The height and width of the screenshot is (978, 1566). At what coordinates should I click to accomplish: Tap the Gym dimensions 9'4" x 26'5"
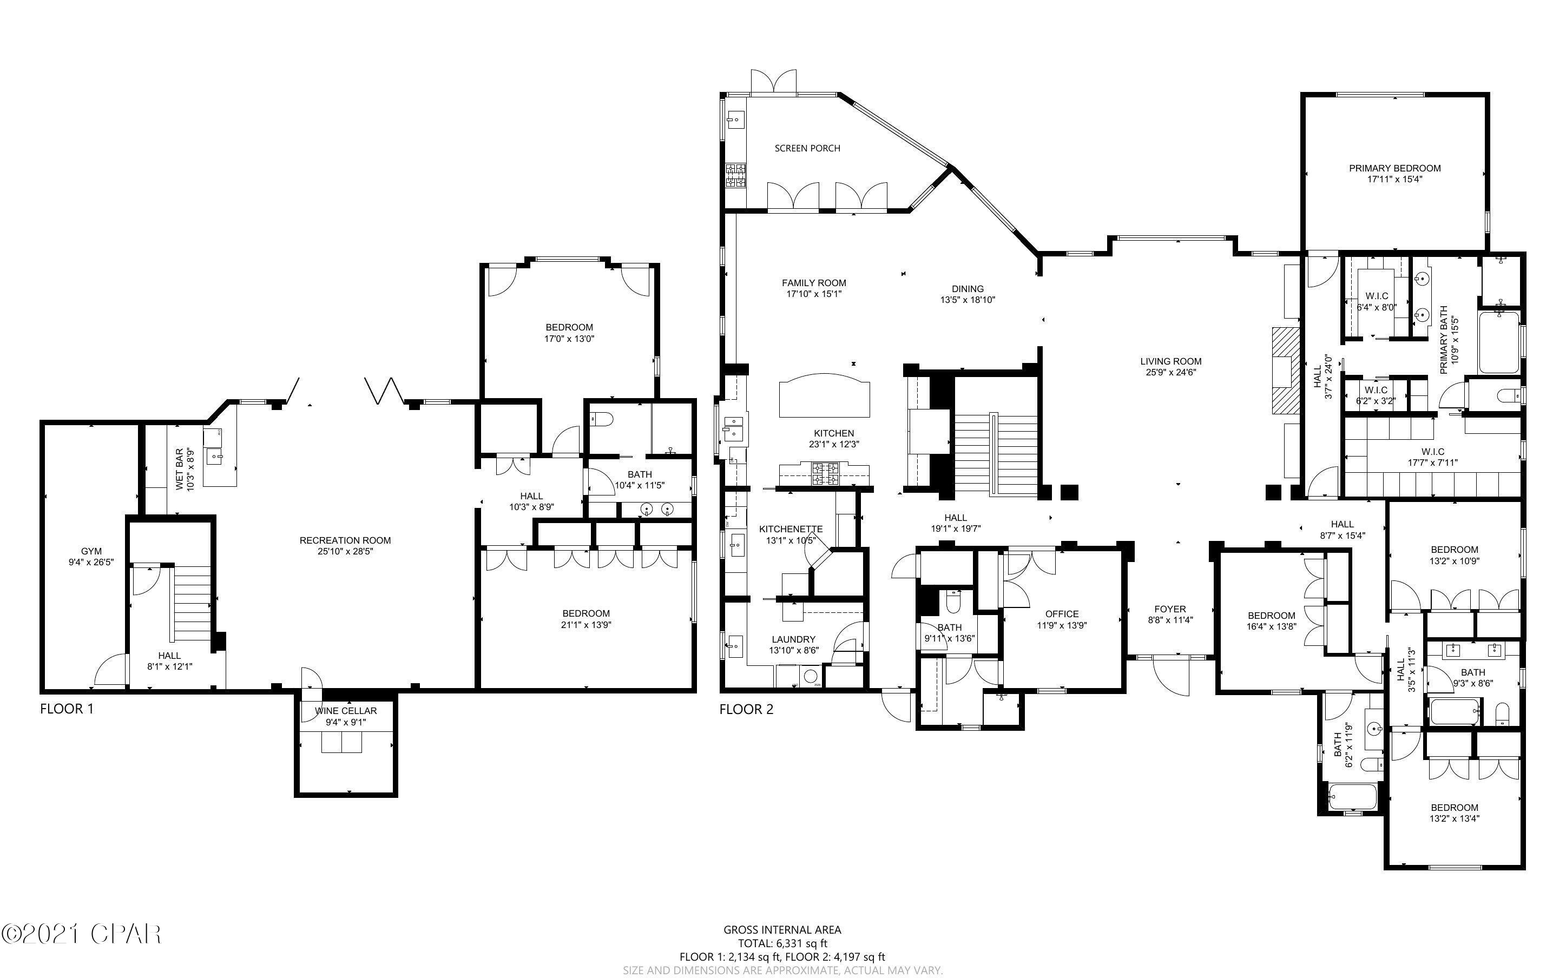[91, 563]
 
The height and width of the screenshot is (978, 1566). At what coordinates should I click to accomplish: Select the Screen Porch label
[807, 148]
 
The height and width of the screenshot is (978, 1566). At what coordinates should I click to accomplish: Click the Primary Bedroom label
[1394, 168]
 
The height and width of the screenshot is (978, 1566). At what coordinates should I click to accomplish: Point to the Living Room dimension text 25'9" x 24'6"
[1171, 372]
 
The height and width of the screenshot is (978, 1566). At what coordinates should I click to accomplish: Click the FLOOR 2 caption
[746, 710]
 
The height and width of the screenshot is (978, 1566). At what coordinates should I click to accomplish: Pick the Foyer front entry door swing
[1172, 676]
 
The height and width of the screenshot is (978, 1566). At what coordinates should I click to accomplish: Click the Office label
[1062, 614]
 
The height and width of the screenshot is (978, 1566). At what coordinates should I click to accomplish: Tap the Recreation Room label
[345, 540]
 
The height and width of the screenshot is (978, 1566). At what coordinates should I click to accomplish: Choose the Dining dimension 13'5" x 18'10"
[967, 300]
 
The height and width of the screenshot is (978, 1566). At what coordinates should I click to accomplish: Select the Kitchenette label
[791, 529]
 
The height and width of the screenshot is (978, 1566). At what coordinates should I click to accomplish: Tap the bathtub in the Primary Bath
[1499, 343]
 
